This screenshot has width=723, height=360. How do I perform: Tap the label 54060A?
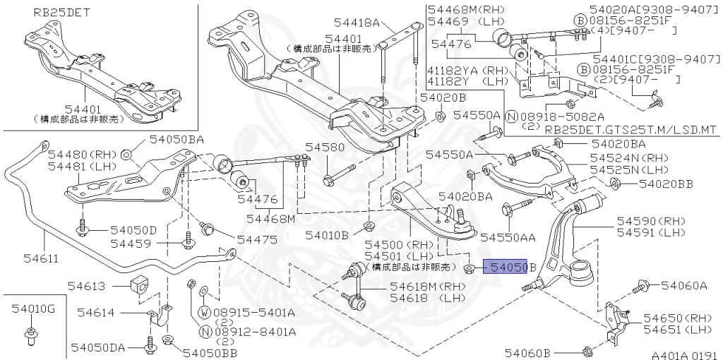click(683, 286)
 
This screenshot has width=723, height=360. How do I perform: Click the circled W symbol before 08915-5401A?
click(204, 313)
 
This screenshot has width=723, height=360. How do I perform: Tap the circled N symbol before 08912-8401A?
click(204, 331)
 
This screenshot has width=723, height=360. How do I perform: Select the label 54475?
click(257, 239)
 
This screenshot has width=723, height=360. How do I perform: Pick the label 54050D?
click(133, 230)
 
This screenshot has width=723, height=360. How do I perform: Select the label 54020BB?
click(666, 184)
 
